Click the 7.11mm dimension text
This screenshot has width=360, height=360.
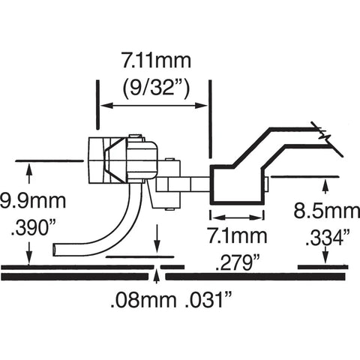(x=156, y=58)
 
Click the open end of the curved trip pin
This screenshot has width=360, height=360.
(x=55, y=247)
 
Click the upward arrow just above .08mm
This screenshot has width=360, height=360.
(x=156, y=277)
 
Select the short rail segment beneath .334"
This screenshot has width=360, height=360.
(x=328, y=266)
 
